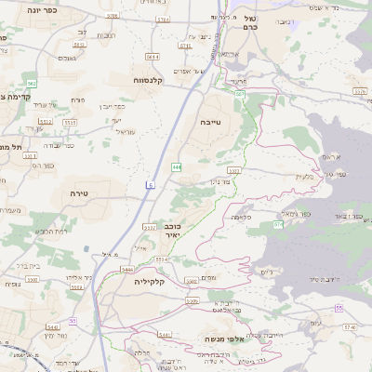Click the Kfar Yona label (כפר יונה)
(x=43, y=10)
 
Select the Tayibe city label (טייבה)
(x=211, y=122)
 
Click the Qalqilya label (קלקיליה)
(x=153, y=280)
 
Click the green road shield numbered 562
(x=32, y=84)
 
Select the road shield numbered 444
(x=177, y=167)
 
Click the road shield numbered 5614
(x=153, y=57)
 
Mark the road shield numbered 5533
(x=150, y=227)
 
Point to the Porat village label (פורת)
(x=77, y=99)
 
